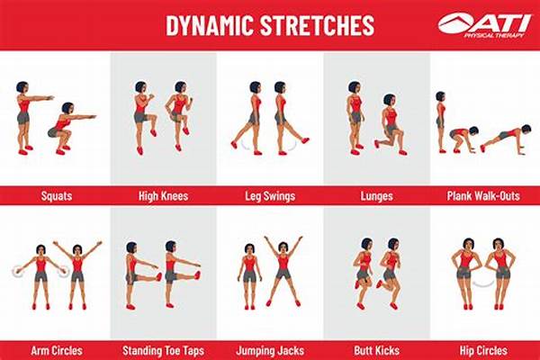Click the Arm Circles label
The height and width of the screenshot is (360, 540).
coord(55,348)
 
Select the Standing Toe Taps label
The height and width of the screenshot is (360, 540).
coord(162,348)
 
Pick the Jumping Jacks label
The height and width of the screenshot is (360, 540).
coord(269,348)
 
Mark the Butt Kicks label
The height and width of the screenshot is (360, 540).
coord(376,348)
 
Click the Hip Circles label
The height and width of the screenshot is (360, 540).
coord(484,348)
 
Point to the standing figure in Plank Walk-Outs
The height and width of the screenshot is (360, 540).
coord(441,121)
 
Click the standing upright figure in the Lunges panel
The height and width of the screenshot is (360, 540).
coord(354,117)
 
